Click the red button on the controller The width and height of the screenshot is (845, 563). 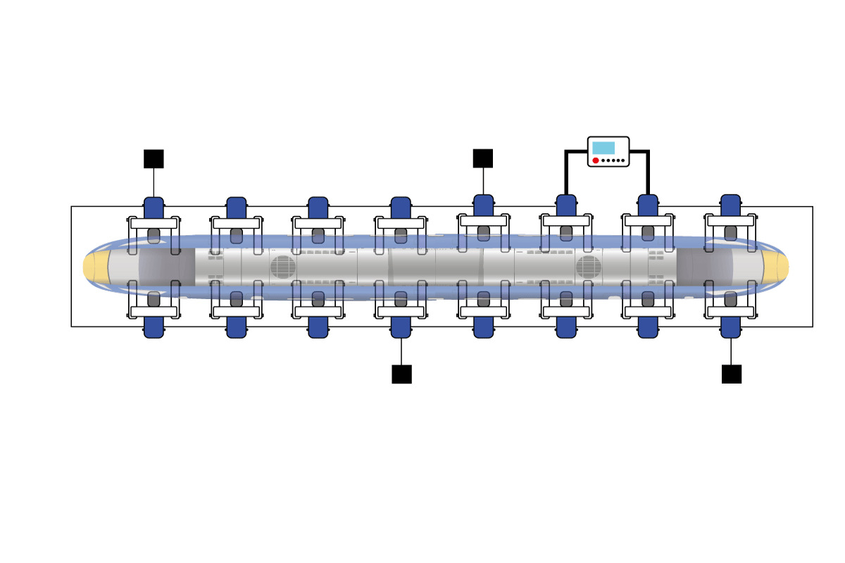(596, 160)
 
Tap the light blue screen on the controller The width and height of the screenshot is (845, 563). (603, 148)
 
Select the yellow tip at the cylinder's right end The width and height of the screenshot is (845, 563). (777, 266)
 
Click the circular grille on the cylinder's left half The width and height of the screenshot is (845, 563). (282, 267)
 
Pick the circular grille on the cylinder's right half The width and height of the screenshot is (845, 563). (588, 267)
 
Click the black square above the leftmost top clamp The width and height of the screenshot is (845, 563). (154, 159)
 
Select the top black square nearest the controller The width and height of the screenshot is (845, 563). (483, 158)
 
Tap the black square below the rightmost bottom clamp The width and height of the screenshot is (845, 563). (732, 374)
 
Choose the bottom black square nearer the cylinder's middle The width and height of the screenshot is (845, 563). (401, 374)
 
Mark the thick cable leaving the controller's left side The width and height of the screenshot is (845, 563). (568, 169)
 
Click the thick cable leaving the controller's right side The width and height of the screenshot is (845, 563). (646, 169)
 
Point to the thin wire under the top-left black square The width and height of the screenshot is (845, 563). (154, 183)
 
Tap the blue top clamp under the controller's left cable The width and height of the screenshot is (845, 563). (566, 205)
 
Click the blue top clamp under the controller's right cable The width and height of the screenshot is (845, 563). (648, 205)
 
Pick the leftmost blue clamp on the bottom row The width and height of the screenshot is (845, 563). (154, 327)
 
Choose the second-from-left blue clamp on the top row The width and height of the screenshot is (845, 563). (236, 208)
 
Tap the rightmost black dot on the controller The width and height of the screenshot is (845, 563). (622, 161)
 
